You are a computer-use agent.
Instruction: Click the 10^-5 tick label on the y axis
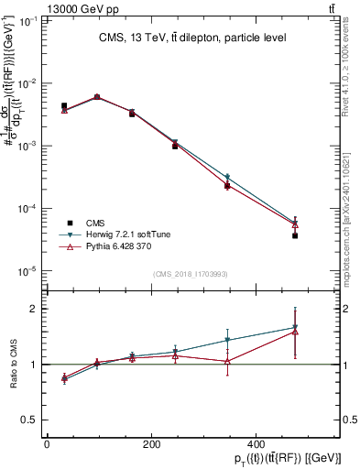[x=27, y=271]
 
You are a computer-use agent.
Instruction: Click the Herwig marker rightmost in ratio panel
[x=295, y=326]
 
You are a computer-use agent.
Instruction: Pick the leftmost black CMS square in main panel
[x=64, y=106]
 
